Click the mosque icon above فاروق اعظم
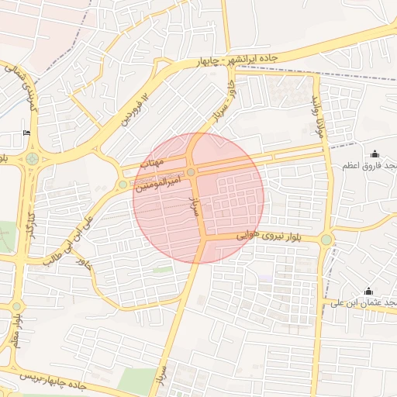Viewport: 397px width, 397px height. (375, 154)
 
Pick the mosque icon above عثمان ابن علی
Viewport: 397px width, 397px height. (368, 292)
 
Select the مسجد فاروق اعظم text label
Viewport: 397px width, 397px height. (371, 166)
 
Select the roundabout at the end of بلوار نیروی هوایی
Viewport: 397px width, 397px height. (326, 240)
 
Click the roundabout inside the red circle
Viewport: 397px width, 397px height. (191, 172)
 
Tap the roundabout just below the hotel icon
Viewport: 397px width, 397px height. (32, 160)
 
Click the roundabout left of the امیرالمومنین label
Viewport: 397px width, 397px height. (123, 185)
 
